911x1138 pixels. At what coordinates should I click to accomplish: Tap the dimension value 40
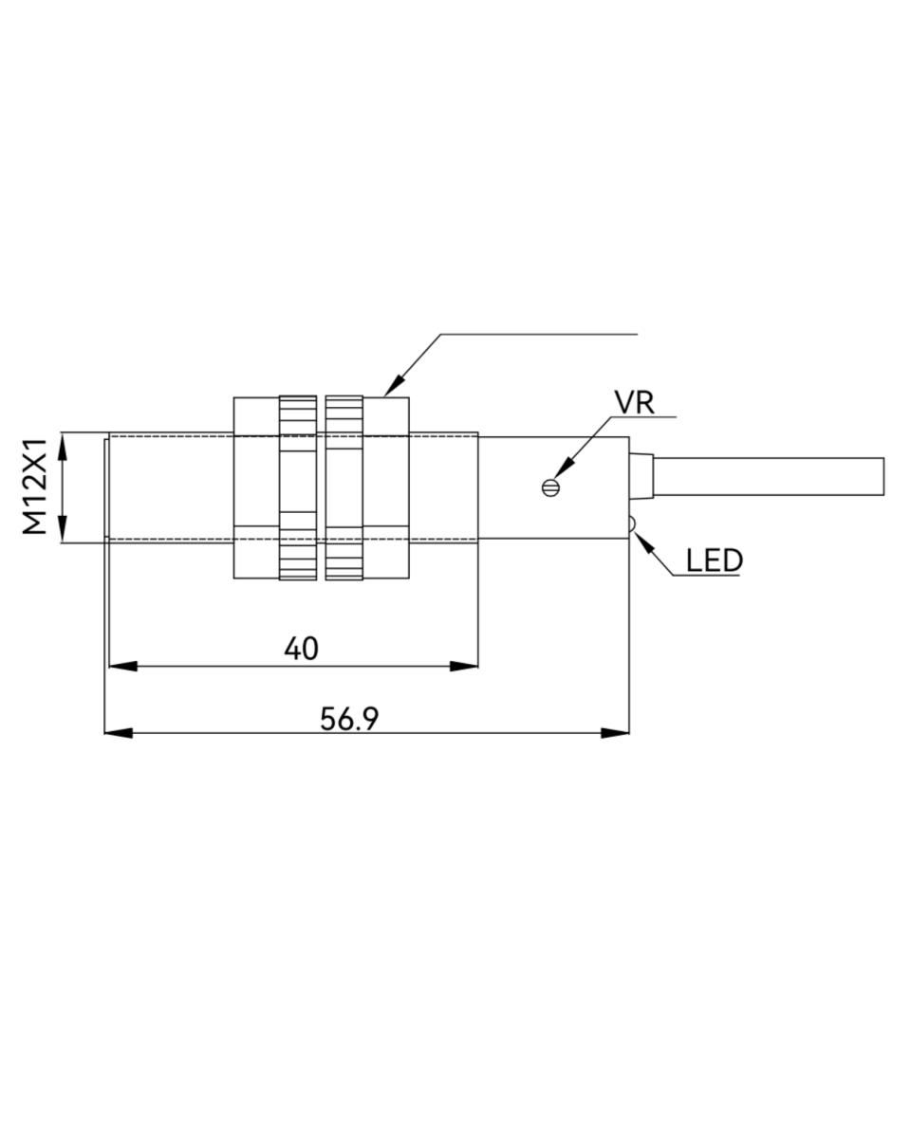coord(301,649)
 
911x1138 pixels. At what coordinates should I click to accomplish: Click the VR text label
coord(634,402)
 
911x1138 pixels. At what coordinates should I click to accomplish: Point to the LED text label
coord(714,561)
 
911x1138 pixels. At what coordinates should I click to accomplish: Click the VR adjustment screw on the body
coord(549,487)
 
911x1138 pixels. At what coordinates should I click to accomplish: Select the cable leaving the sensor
coord(769,476)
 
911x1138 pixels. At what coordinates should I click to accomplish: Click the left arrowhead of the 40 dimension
coord(121,666)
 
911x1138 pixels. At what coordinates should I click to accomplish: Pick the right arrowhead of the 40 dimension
coord(465,666)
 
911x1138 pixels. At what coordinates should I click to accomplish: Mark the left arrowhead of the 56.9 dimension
coord(116,732)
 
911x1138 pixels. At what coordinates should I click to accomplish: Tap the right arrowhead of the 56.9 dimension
coord(617,732)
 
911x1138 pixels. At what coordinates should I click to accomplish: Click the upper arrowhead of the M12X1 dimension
coord(63,445)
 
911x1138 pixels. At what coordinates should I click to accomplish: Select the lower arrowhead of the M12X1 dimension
coord(63,531)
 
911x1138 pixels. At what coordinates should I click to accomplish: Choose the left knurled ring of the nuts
coord(297,487)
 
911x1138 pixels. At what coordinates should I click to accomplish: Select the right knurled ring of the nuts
coord(344,487)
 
